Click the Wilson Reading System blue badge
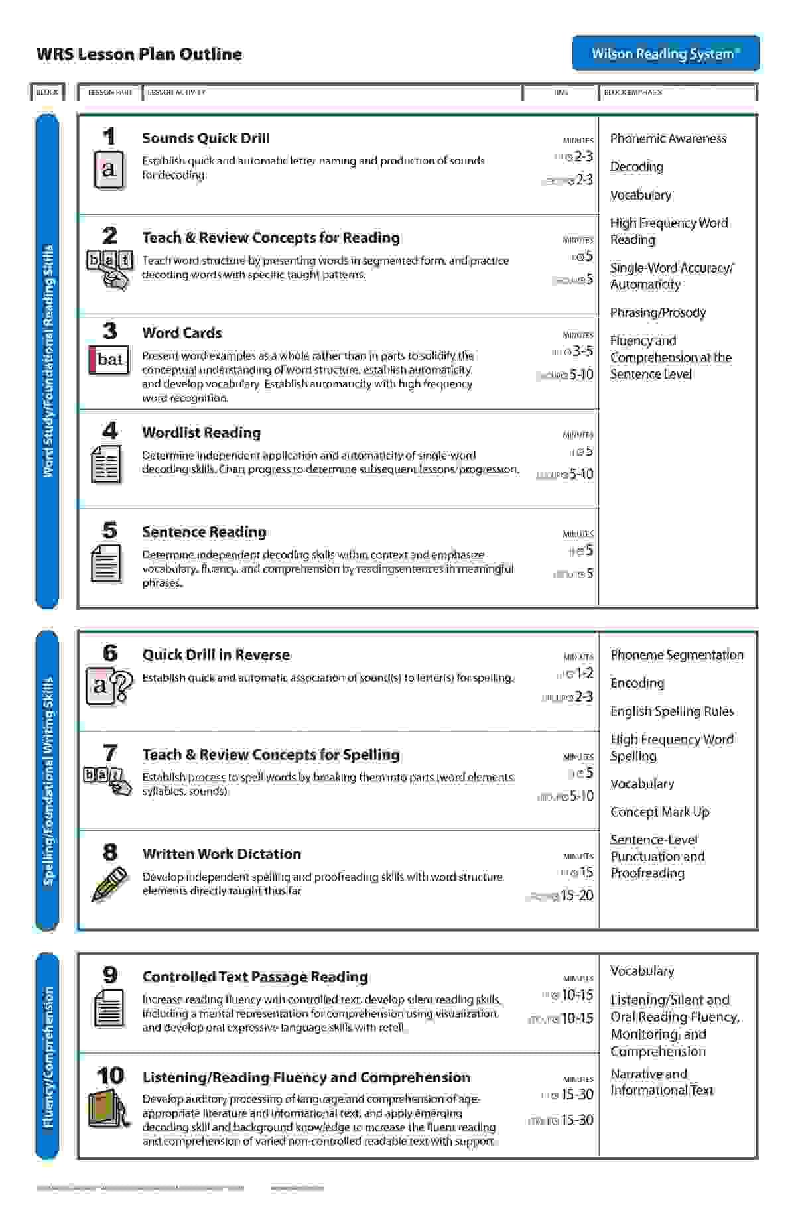tap(665, 53)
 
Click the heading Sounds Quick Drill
tap(206, 138)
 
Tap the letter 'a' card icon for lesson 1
tap(109, 170)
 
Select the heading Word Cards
tap(182, 332)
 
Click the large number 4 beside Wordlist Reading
tap(110, 430)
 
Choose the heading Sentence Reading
tap(204, 532)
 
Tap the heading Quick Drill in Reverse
tap(216, 654)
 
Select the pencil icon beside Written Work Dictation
tap(109, 884)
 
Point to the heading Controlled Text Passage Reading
tap(255, 976)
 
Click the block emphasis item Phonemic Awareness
tap(668, 139)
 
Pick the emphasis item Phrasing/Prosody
tap(657, 312)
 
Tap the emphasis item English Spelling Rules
tap(672, 711)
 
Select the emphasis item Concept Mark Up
tap(659, 812)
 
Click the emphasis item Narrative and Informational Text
tap(661, 1081)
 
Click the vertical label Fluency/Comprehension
tap(48, 1057)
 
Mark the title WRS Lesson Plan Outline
tap(139, 54)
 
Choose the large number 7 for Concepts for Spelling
tap(110, 753)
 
